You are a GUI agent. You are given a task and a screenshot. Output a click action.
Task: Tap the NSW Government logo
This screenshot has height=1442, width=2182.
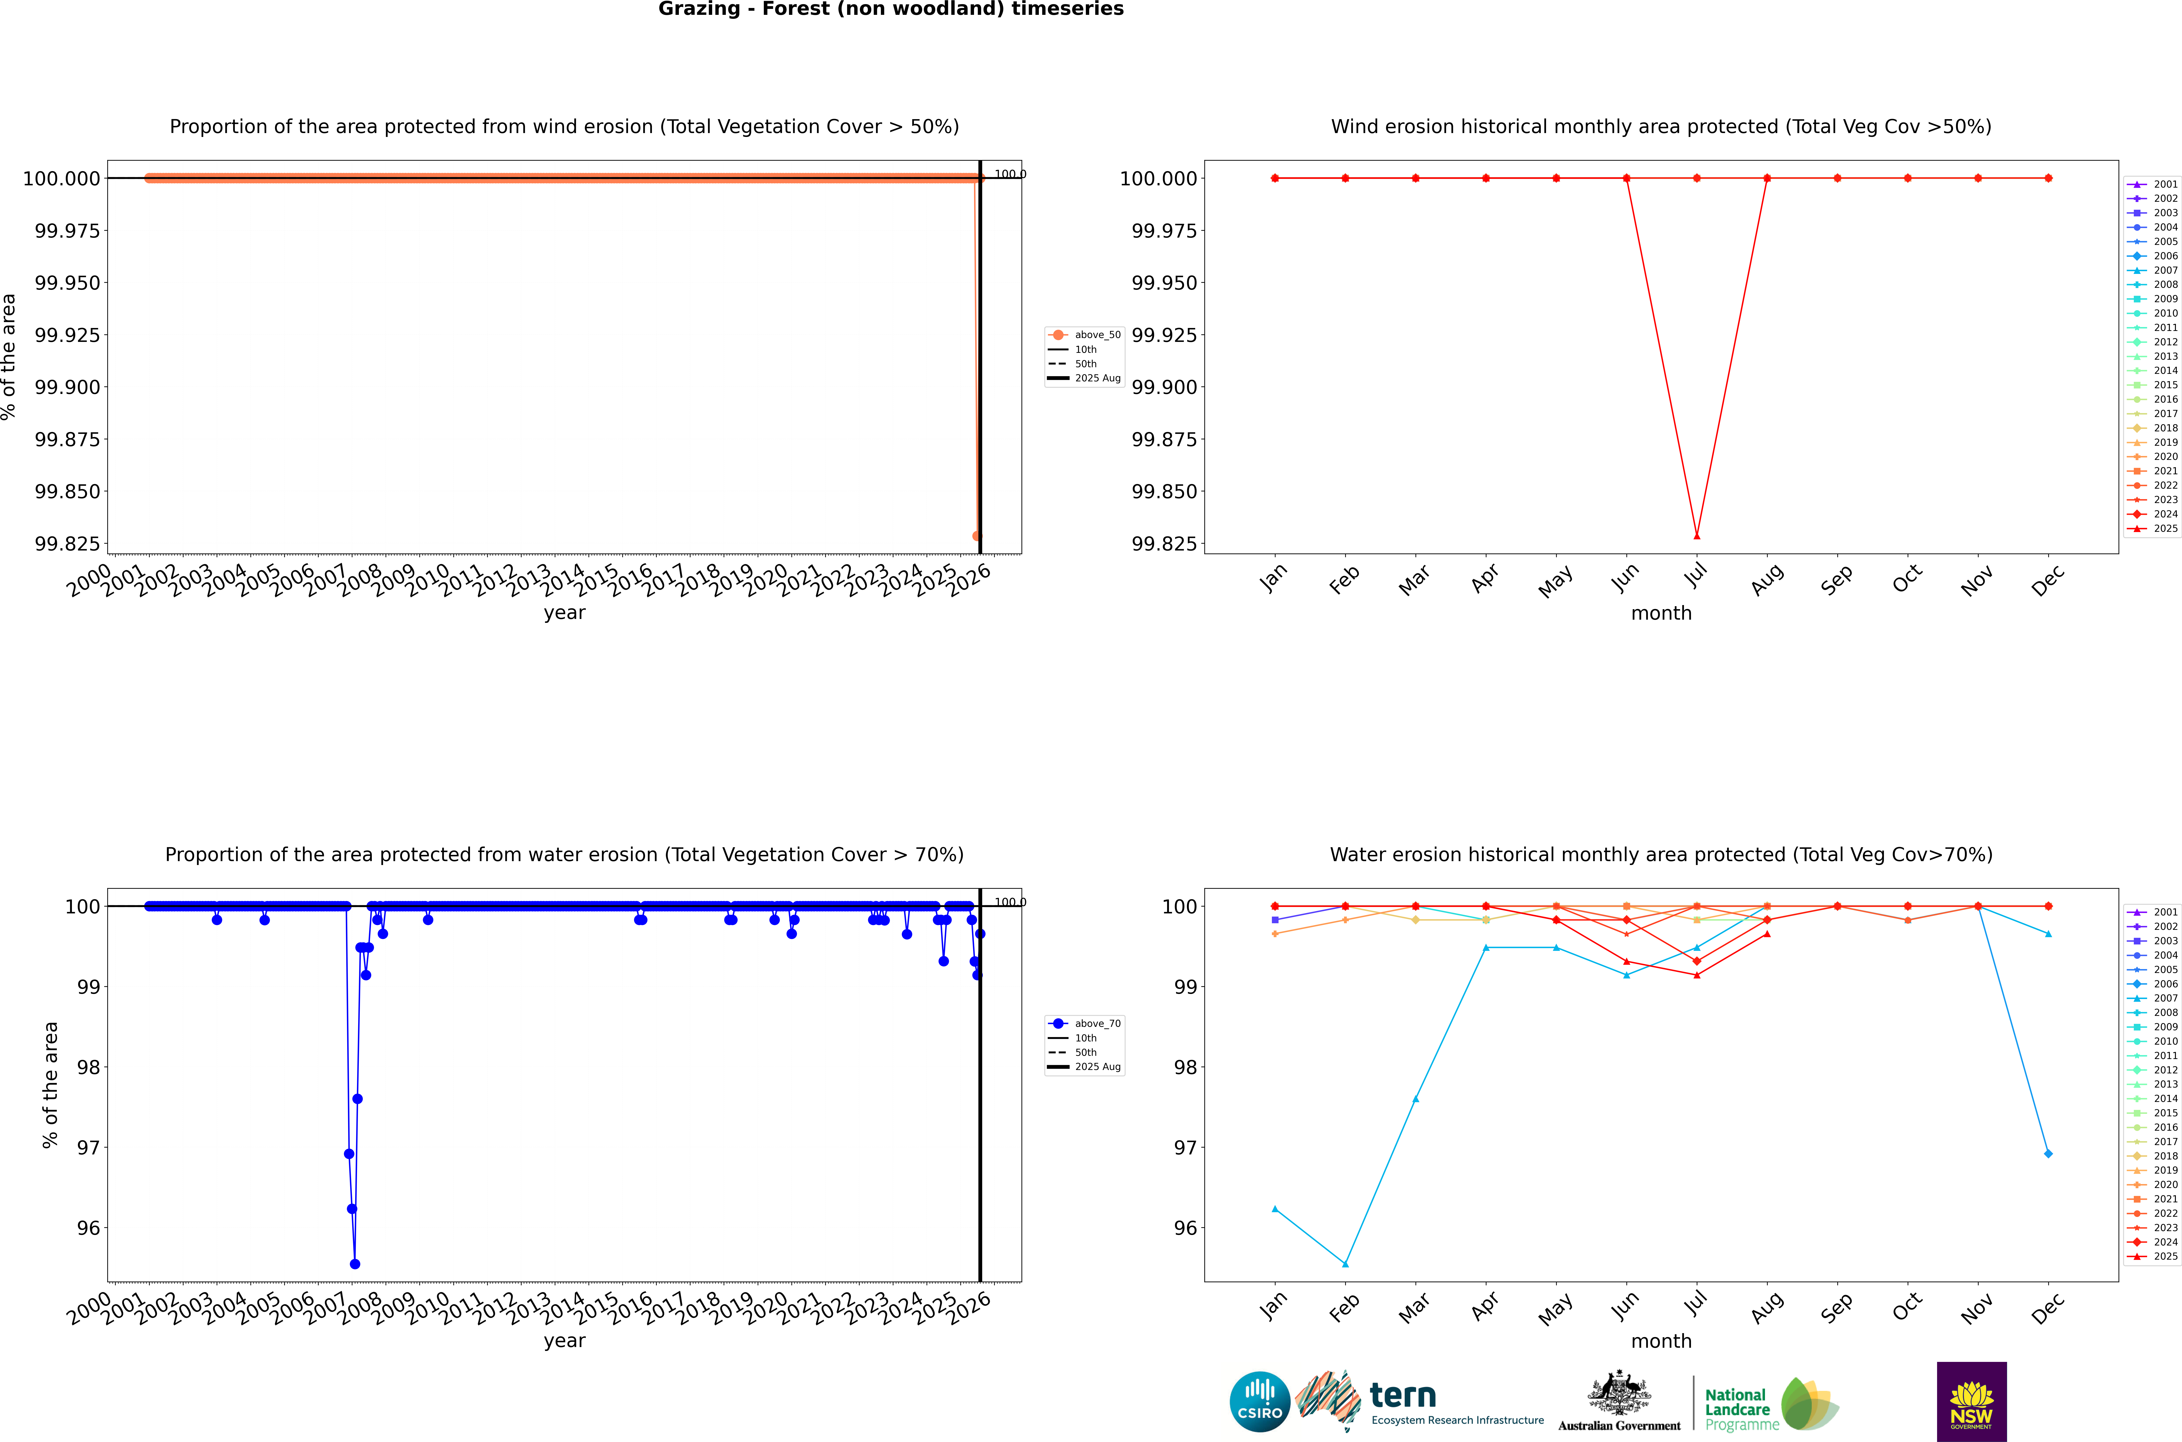(x=1972, y=1402)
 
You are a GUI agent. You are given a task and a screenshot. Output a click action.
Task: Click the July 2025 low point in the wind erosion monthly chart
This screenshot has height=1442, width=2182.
(x=1696, y=535)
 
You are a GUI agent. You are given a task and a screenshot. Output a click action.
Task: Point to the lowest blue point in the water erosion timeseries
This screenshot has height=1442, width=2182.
(x=355, y=1264)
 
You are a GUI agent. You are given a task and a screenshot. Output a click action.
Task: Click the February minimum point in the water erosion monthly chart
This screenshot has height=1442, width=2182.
(x=1345, y=1264)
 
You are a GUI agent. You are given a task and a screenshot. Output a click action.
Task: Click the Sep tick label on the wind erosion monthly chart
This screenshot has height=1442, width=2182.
(x=1836, y=579)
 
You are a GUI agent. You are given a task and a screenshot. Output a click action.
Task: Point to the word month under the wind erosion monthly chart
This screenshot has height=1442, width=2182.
(x=1661, y=614)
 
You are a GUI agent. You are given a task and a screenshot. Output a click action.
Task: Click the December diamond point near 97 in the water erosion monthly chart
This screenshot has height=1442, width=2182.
(x=2048, y=1153)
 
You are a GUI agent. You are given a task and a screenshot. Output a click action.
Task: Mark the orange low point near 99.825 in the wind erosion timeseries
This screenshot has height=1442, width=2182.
(x=977, y=535)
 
